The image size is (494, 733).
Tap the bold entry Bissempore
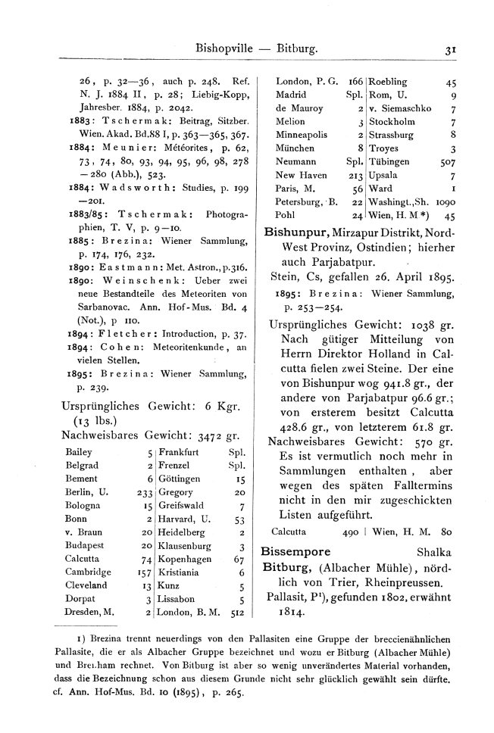pos(295,551)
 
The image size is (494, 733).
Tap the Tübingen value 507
pos(446,162)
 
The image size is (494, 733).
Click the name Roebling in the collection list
pos(387,82)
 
